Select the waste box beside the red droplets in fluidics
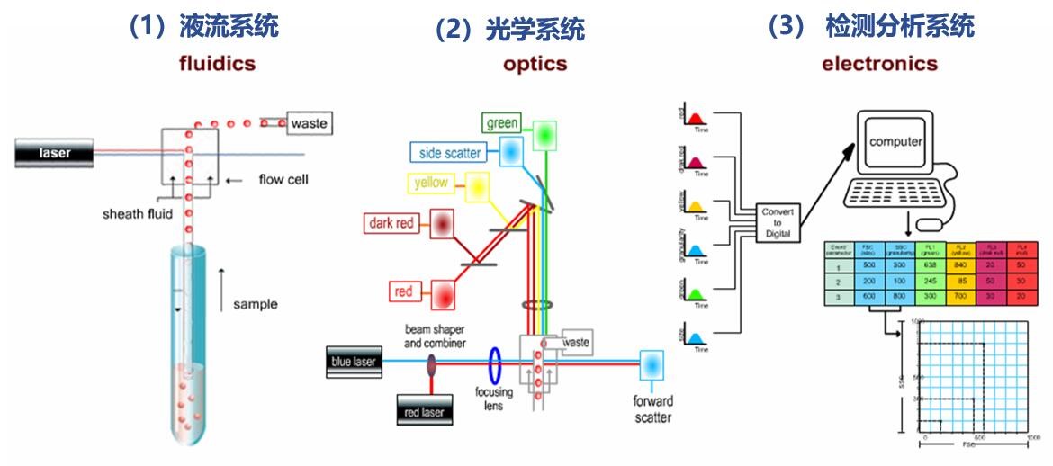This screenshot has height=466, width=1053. [308, 122]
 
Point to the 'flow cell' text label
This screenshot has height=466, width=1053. [283, 180]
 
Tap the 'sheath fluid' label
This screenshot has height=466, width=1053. [136, 214]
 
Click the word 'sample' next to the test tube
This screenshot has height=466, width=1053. [256, 304]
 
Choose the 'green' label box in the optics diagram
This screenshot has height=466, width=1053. [502, 122]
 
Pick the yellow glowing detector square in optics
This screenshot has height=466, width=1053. [476, 186]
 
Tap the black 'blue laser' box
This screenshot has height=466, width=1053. [353, 362]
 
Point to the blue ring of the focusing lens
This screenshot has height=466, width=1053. [495, 367]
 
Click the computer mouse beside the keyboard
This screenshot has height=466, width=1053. [938, 221]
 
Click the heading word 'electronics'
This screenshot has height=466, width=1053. [879, 64]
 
